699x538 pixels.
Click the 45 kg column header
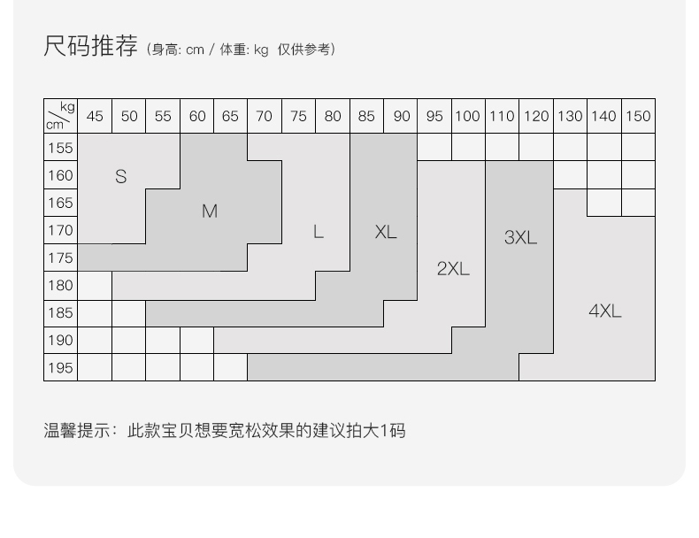click(x=95, y=116)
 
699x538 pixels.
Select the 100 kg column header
click(x=467, y=116)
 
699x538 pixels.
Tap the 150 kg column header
click(x=637, y=116)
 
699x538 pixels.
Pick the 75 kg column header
click(x=298, y=116)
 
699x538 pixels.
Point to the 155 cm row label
click(x=60, y=148)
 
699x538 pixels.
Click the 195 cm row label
click(x=60, y=367)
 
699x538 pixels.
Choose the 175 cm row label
click(x=60, y=257)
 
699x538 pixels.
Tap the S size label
click(x=121, y=176)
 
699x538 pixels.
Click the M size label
click(x=210, y=211)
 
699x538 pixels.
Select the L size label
click(x=319, y=232)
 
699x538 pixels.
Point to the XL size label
click(x=386, y=232)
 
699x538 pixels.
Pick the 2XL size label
click(x=453, y=269)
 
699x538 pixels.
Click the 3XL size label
click(x=520, y=237)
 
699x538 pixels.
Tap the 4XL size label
click(x=605, y=311)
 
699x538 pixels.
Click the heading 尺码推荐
click(x=90, y=46)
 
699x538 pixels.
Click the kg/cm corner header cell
click(x=60, y=116)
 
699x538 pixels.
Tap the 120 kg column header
click(x=535, y=116)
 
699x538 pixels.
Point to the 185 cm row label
click(x=60, y=312)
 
